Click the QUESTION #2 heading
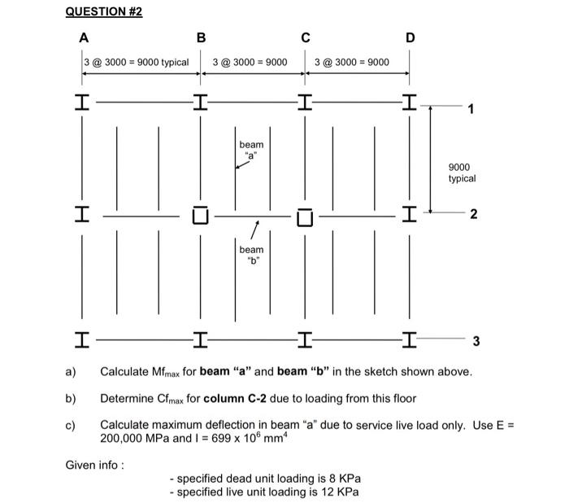pos(104,11)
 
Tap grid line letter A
pos(84,37)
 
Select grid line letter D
pos(410,37)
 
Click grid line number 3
pos(476,341)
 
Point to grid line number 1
pos(471,109)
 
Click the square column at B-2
pos(200,215)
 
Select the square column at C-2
pos(305,217)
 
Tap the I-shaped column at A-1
pos(82,102)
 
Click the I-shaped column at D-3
pos(410,340)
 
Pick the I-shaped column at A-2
pos(82,214)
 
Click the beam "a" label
pos(251,150)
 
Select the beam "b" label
pos(251,255)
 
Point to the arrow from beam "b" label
pos(254,230)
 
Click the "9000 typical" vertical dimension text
pos(462,173)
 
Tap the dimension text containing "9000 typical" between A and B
pos(137,62)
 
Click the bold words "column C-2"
pos(235,398)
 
